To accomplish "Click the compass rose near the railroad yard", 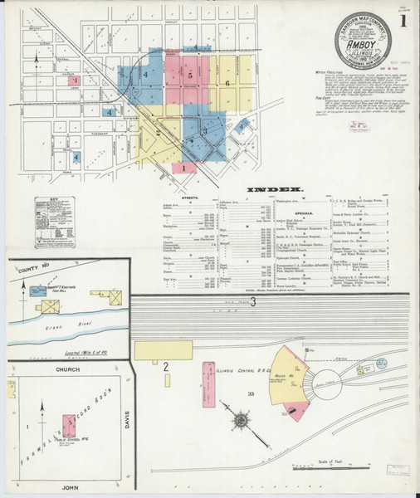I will (x=241, y=421).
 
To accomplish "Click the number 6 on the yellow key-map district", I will (x=227, y=83).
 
